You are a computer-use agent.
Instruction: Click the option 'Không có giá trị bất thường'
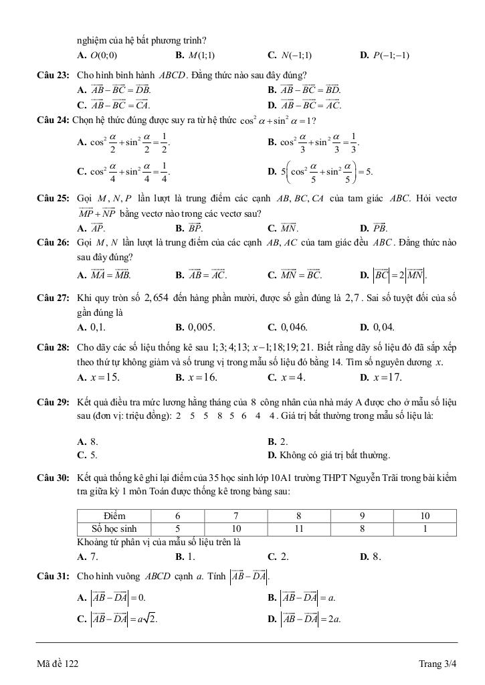[x=332, y=456]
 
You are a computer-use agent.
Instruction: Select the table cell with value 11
[x=299, y=528]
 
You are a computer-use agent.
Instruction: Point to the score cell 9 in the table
[x=362, y=516]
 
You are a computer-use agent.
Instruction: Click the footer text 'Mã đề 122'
[x=58, y=664]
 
